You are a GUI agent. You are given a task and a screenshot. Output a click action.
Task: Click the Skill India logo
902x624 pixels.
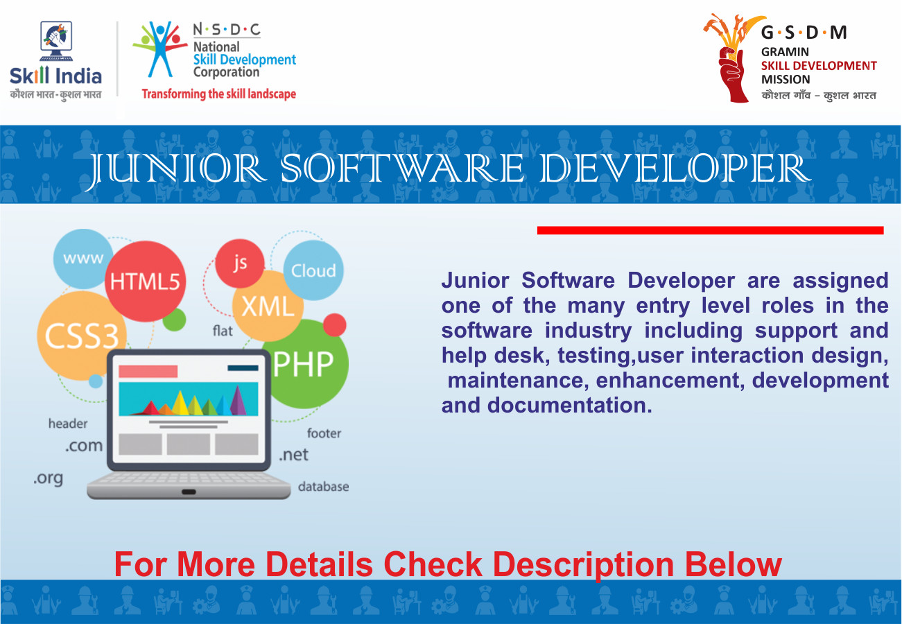(x=55, y=60)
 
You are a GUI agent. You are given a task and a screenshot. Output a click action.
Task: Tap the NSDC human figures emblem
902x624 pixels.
(x=160, y=49)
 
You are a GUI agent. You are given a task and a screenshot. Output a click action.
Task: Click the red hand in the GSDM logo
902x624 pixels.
(x=733, y=73)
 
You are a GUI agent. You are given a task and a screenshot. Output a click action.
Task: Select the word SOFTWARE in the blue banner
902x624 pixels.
(x=402, y=168)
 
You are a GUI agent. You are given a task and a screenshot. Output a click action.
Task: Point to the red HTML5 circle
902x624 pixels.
(x=146, y=281)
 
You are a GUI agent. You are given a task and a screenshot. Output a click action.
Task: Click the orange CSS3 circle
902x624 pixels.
(x=82, y=336)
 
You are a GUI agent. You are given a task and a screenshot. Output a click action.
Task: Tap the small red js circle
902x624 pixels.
(x=240, y=263)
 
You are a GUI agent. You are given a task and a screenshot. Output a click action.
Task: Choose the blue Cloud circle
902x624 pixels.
(x=313, y=270)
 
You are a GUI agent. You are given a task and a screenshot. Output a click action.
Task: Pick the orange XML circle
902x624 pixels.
(x=268, y=306)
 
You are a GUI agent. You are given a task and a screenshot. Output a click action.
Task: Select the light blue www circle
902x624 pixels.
(x=83, y=259)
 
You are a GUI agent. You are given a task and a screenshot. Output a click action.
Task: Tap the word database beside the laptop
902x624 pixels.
(x=323, y=487)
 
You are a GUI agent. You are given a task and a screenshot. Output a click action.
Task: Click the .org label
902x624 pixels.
(x=49, y=478)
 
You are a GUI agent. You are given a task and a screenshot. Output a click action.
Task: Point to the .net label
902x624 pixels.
(x=293, y=455)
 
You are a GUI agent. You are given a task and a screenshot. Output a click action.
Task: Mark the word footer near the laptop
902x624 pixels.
(x=324, y=433)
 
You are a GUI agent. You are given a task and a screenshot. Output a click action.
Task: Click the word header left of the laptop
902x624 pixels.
(x=68, y=424)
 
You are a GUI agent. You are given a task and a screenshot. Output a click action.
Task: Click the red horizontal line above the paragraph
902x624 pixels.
(x=711, y=230)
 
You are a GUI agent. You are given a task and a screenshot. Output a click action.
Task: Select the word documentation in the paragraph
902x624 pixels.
(x=569, y=405)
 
